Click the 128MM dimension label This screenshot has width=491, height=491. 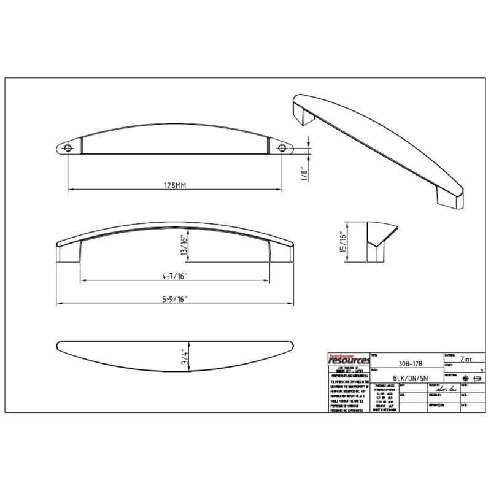coord(176,184)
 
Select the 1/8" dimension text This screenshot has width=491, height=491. coord(304,172)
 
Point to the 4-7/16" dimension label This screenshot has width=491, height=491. coord(174,277)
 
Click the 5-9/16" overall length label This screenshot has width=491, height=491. coord(174,299)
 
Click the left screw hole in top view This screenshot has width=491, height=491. coord(66,147)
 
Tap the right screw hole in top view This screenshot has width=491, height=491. coord(283,147)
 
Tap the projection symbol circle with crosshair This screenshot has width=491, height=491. coord(466,378)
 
